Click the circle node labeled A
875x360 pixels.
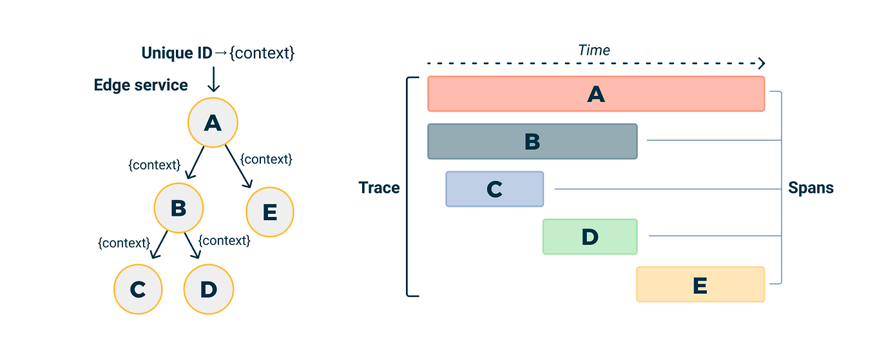(x=213, y=122)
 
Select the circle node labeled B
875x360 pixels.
(x=178, y=208)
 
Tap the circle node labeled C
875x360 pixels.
(x=139, y=289)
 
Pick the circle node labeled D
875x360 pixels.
(x=208, y=289)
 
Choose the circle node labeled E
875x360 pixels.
(x=269, y=212)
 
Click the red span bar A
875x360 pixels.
(x=595, y=94)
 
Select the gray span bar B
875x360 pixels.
(x=532, y=141)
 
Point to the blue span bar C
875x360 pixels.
(x=494, y=189)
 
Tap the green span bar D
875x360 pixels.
(x=590, y=236)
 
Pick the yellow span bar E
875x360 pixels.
(x=700, y=284)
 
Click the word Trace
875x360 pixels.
(x=379, y=188)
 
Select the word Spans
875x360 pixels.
(x=811, y=188)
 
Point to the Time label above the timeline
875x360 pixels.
(x=593, y=50)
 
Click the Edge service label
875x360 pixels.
(x=141, y=85)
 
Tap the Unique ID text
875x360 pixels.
(x=177, y=53)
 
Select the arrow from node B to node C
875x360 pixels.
(x=159, y=245)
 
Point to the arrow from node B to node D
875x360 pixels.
(x=193, y=245)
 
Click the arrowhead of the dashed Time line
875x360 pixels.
(x=762, y=63)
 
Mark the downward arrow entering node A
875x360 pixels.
(x=213, y=81)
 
